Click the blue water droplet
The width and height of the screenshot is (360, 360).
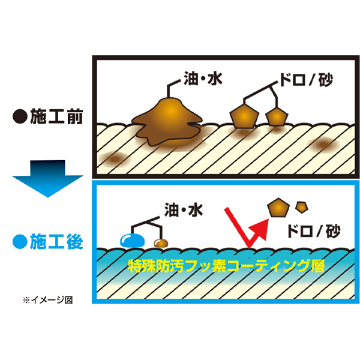click(x=130, y=240)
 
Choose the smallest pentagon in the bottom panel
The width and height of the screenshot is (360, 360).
click(x=302, y=207)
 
